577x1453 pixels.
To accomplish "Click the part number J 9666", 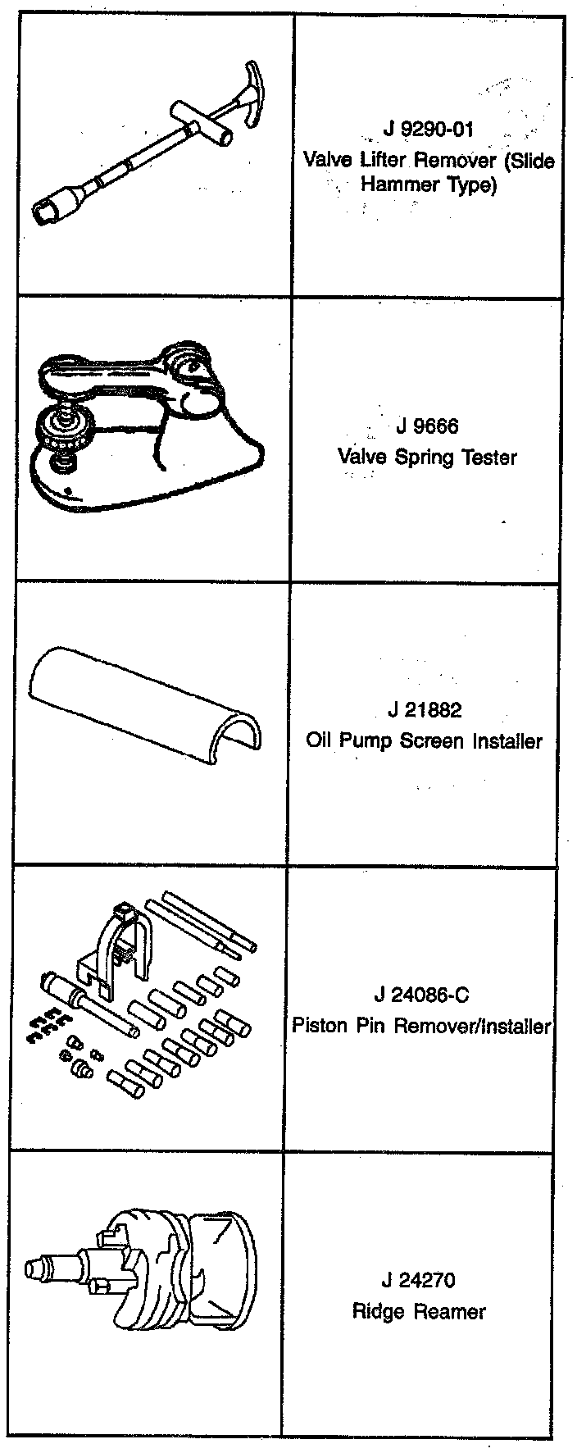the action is pyautogui.click(x=427, y=426).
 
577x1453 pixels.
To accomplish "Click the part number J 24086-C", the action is pyautogui.click(x=421, y=995).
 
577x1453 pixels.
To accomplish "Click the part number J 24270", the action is pyautogui.click(x=418, y=1280).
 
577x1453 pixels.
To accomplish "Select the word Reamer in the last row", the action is pyautogui.click(x=448, y=1311).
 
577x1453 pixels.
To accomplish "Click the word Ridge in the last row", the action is pyautogui.click(x=379, y=1311).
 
